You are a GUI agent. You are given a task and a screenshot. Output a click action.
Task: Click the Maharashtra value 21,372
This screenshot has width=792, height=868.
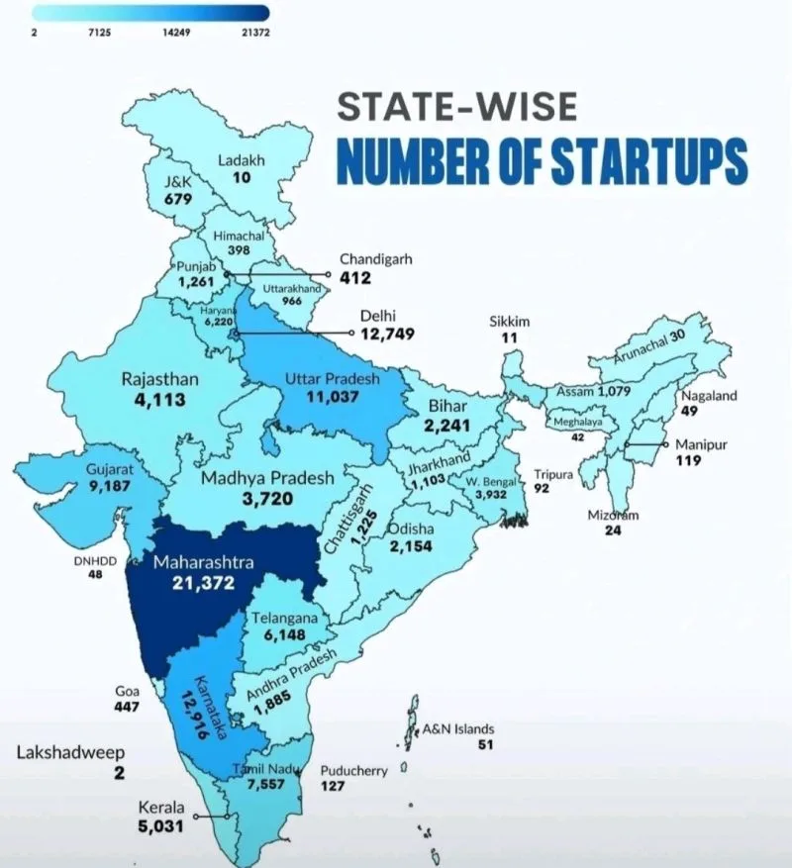point(202,584)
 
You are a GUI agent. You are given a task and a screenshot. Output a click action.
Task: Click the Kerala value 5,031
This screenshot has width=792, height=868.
point(160,826)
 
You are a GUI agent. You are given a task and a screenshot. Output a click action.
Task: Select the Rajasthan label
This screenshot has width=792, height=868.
point(159,379)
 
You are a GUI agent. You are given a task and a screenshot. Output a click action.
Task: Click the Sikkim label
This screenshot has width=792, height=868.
point(511,322)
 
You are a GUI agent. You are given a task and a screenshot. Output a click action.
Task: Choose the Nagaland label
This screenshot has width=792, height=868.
point(709,396)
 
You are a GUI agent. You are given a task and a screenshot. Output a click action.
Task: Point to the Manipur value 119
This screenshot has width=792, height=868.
point(688,461)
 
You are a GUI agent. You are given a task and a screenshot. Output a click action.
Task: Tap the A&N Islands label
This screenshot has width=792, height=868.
point(458,729)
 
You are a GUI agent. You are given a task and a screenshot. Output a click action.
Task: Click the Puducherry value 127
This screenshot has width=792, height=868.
point(333,786)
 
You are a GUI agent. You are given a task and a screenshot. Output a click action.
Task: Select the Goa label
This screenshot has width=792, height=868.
point(128,691)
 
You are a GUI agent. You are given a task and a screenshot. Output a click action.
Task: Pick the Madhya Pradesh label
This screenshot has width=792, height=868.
point(268,479)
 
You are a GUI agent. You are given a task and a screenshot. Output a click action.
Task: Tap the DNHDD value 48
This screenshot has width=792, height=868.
point(96,575)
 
